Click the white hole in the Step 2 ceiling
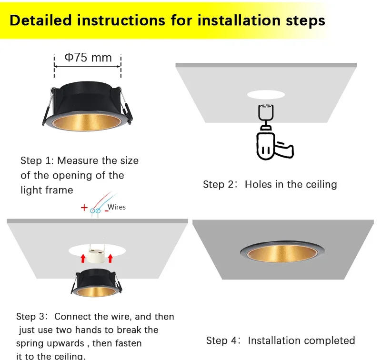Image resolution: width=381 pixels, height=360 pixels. [x=265, y=94]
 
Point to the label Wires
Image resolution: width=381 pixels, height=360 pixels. [x=117, y=207]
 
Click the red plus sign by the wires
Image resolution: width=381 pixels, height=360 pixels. [x=84, y=208]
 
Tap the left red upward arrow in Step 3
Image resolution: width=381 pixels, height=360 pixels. [x=82, y=259]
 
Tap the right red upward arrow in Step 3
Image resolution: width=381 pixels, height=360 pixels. [x=110, y=259]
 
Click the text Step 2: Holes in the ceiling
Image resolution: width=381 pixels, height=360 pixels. [x=270, y=184]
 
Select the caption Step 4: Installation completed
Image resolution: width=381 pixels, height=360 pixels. [x=281, y=340]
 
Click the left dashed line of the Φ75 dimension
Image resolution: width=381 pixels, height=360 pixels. [x=54, y=66]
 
